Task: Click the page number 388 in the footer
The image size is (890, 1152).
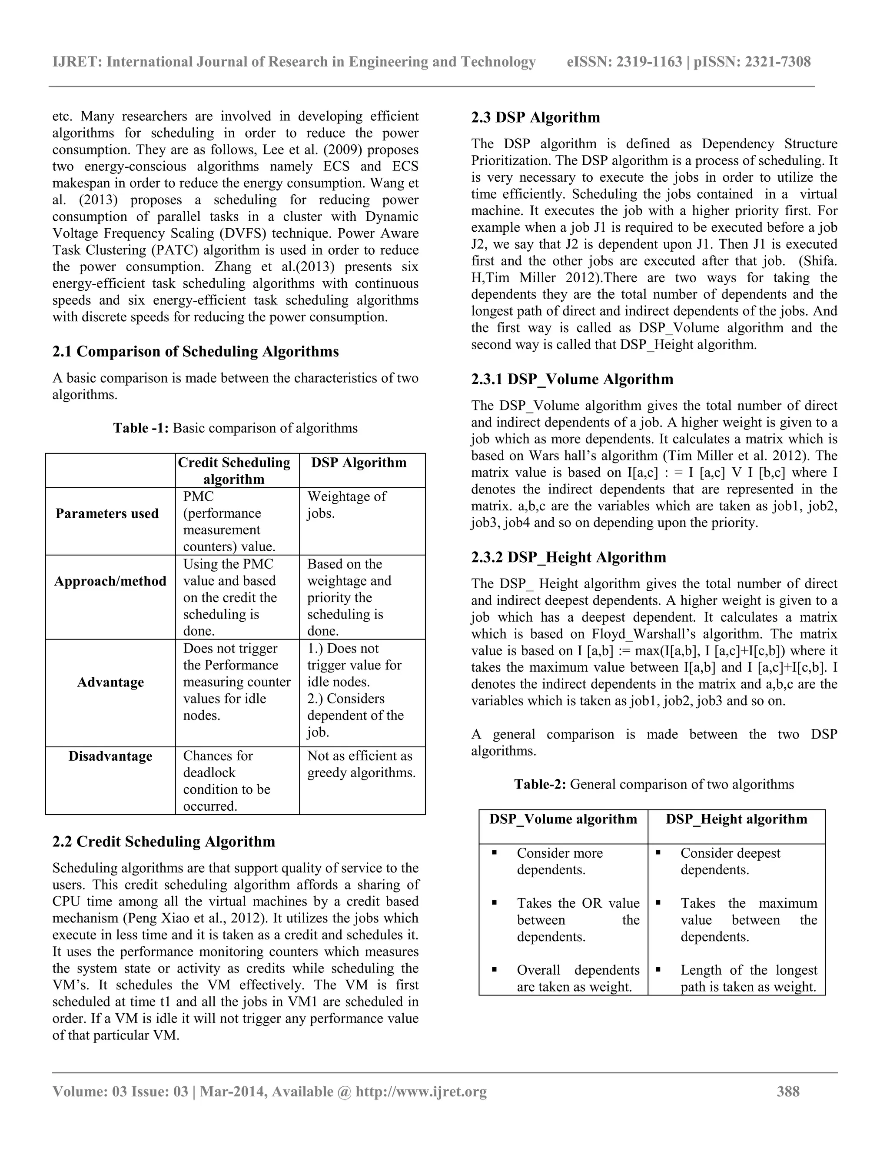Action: tap(788, 1091)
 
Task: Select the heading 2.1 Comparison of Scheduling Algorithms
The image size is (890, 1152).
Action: tap(196, 351)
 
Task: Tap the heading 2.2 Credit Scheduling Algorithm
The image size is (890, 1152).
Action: tap(163, 841)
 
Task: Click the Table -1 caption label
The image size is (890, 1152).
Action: tap(141, 428)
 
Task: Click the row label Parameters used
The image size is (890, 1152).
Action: tap(107, 514)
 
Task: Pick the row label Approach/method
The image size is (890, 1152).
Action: tap(110, 581)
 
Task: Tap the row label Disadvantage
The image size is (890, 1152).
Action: tap(110, 756)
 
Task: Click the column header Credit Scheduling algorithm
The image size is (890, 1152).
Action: tap(234, 470)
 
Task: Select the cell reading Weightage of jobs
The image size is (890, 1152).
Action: tap(346, 505)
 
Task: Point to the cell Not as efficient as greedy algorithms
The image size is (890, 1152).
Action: tap(361, 764)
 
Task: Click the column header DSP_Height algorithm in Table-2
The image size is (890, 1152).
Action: tap(736, 819)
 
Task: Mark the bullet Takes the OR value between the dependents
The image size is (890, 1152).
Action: tap(578, 920)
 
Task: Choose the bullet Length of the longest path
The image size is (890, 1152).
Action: tap(748, 979)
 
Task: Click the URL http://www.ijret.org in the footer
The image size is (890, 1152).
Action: tap(421, 1091)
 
